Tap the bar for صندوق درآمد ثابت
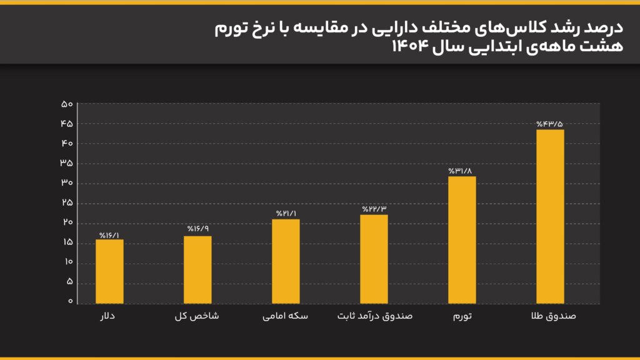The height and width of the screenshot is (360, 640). click(374, 259)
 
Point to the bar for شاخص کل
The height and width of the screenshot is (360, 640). click(197, 269)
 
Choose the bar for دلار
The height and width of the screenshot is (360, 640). click(109, 271)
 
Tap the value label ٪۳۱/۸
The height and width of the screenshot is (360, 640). click(462, 171)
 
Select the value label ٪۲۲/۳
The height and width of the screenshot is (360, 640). click(374, 209)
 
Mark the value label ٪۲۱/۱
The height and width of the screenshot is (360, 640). click(286, 214)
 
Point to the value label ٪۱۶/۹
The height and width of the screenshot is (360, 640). click(197, 229)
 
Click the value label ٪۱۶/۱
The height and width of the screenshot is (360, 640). click(109, 235)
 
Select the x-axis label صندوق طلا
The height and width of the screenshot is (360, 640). click(552, 316)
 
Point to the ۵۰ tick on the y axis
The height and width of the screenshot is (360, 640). click(67, 104)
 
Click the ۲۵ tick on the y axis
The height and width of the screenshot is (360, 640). click(67, 203)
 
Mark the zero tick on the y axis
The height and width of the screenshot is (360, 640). click(70, 302)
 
